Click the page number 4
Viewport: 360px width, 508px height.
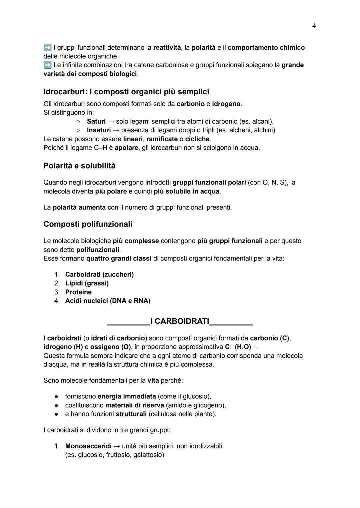[314, 26]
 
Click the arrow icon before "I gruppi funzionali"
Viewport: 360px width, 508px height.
[47, 48]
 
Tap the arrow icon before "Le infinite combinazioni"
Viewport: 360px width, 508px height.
[47, 65]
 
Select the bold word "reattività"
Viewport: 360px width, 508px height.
[167, 48]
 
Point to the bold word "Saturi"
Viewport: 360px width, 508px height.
[96, 121]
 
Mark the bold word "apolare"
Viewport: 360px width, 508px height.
[126, 148]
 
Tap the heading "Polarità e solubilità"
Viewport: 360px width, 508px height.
[79, 166]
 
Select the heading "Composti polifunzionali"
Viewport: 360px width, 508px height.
[88, 224]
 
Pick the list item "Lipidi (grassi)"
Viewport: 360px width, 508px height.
[87, 283]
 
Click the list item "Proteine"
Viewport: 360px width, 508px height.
[78, 292]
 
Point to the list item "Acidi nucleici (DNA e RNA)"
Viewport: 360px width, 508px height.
[108, 301]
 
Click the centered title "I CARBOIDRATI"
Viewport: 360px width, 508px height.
[180, 321]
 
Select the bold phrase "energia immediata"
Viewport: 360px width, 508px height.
[127, 396]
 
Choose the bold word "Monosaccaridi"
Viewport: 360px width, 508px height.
[88, 446]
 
